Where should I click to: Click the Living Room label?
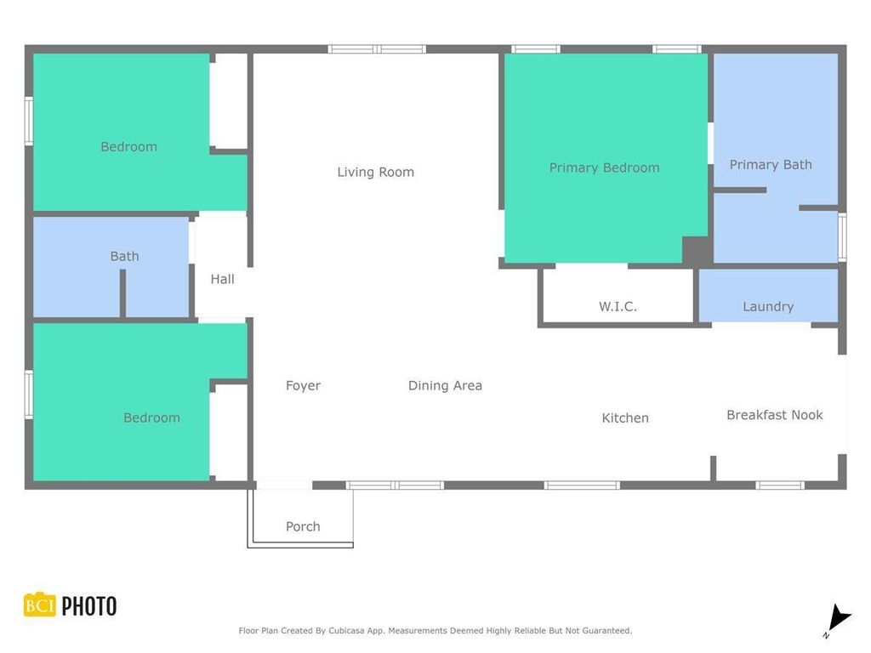[x=375, y=172]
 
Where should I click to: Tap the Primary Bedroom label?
[x=604, y=168]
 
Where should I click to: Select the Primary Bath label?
[x=771, y=164]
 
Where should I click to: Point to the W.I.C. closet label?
[x=618, y=306]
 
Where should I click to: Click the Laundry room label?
[x=768, y=306]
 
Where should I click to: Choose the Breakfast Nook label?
[x=774, y=415]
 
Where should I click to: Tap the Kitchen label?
[x=625, y=417]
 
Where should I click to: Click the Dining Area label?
[x=445, y=385]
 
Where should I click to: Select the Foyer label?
[x=303, y=385]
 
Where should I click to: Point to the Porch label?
[x=303, y=526]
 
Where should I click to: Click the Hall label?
[x=222, y=278]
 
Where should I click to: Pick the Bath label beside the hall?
[x=124, y=256]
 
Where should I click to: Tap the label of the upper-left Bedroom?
[x=128, y=146]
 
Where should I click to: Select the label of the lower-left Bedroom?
[x=151, y=417]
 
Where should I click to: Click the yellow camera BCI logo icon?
[x=39, y=605]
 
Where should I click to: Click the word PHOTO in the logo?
[x=88, y=606]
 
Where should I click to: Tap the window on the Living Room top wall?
[x=377, y=49]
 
